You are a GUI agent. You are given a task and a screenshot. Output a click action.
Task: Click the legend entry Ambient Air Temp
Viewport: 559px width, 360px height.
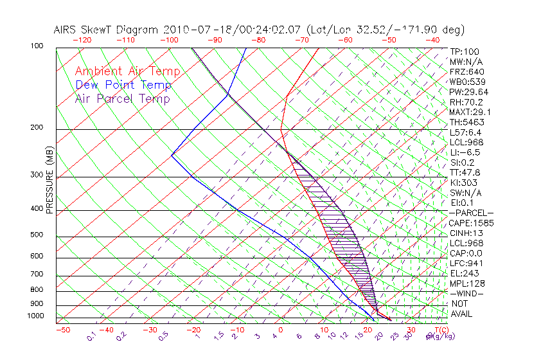click(x=127, y=71)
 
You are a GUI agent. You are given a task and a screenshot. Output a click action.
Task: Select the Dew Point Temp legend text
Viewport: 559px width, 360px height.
click(x=123, y=85)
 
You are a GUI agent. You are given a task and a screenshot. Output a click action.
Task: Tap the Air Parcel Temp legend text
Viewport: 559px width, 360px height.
click(x=122, y=98)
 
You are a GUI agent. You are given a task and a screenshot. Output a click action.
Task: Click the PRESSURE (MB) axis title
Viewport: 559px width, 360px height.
click(x=49, y=184)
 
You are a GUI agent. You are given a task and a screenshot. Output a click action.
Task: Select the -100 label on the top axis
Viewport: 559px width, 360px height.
click(x=170, y=40)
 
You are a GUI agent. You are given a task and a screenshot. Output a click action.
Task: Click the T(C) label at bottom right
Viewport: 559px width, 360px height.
click(x=438, y=330)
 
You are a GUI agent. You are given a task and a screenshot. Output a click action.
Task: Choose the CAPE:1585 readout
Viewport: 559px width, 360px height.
click(x=468, y=223)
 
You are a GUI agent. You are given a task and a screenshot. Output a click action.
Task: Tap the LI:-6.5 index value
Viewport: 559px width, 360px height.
click(x=465, y=152)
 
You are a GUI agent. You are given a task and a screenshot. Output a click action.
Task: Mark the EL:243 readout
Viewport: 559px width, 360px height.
click(x=464, y=273)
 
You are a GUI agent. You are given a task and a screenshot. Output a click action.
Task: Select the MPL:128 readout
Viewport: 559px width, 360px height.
click(x=467, y=283)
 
